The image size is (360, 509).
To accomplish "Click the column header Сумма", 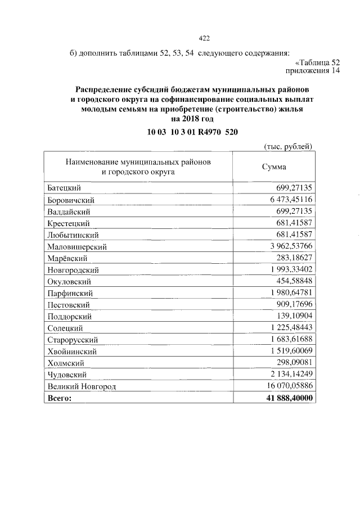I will [x=274, y=167].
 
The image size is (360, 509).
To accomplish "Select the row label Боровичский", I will [x=71, y=199].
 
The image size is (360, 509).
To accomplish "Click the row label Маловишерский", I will [x=77, y=246].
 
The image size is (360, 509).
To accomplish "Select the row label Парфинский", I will [x=70, y=292].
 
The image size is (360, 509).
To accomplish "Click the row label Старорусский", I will [x=73, y=339].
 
